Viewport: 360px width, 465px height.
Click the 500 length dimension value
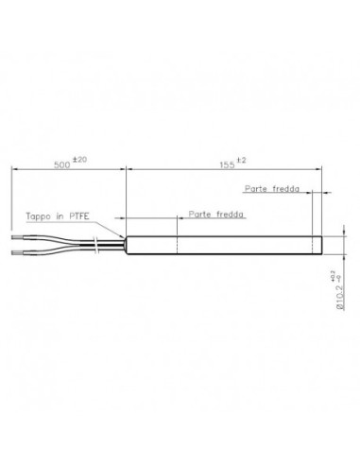point(62,164)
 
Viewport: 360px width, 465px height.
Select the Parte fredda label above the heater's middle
point(214,215)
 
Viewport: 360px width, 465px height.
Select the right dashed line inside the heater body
point(304,244)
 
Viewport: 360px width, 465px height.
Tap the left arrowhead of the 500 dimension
point(14,170)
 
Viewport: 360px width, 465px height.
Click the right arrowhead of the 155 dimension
point(319,170)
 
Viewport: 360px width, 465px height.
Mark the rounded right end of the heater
point(321,244)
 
